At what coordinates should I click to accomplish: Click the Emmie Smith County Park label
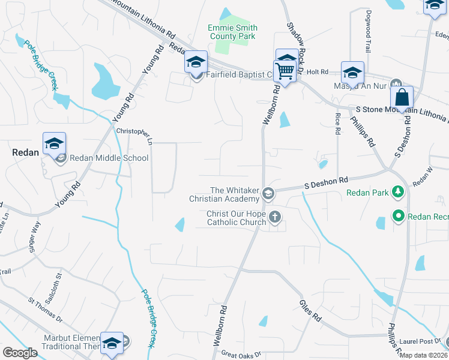tap(232, 32)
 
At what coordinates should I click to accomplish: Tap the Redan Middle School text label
tap(109, 158)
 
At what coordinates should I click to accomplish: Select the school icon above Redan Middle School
tap(54, 143)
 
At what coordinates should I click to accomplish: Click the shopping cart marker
tap(286, 71)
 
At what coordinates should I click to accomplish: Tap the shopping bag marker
tap(402, 97)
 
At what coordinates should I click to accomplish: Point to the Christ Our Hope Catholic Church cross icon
tap(275, 217)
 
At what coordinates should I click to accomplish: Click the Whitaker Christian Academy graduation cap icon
tap(268, 193)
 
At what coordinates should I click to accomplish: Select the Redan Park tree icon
tap(397, 193)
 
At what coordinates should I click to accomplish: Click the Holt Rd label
tap(318, 72)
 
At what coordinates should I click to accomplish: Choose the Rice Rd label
tap(338, 122)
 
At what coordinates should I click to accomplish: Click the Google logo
tap(20, 352)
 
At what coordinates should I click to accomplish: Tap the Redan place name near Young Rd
tap(26, 152)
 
